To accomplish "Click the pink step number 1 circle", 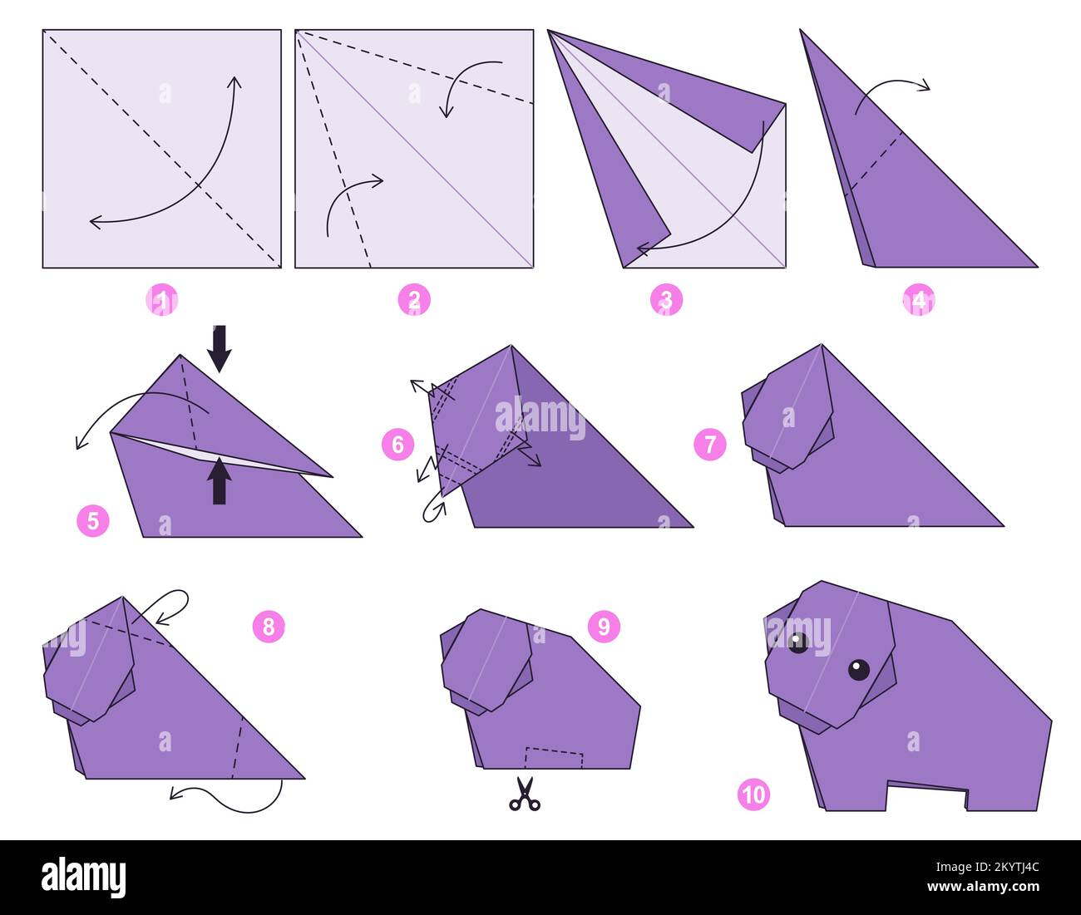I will (x=161, y=300).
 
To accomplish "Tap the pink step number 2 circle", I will (x=414, y=300).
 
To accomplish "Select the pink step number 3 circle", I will (x=666, y=300).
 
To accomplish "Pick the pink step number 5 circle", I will (x=93, y=521).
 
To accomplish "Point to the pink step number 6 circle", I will (x=397, y=445).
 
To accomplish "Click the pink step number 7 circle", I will (x=710, y=445).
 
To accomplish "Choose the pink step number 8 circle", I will (x=269, y=626).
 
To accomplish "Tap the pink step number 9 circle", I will (x=604, y=626).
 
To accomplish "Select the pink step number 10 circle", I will (x=753, y=795).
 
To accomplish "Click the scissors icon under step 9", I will (x=524, y=794).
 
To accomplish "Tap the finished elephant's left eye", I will (x=798, y=642).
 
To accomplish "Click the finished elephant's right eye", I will (x=859, y=669).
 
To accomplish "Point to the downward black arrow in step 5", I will (x=220, y=349).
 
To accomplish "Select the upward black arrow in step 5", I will (x=220, y=482).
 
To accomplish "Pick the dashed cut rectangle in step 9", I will (x=554, y=757).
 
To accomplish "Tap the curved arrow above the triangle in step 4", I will (x=894, y=88).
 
